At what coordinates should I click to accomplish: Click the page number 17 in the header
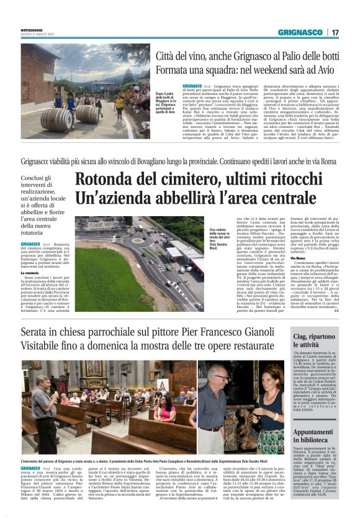(336, 32)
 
